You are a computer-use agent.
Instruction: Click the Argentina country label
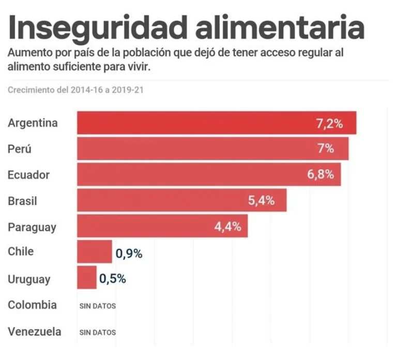pyautogui.click(x=33, y=123)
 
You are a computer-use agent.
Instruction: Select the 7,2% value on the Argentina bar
pyautogui.click(x=329, y=123)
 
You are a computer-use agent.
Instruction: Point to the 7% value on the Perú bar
pyautogui.click(x=326, y=149)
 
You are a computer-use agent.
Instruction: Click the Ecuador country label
pyautogui.click(x=28, y=175)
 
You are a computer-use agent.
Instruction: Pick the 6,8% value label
pyautogui.click(x=320, y=175)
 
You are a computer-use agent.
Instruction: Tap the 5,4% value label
pyautogui.click(x=261, y=201)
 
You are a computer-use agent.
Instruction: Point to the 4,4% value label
pyautogui.click(x=227, y=227)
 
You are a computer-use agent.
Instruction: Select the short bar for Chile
pyautogui.click(x=94, y=252)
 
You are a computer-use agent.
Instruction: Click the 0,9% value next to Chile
pyautogui.click(x=129, y=253)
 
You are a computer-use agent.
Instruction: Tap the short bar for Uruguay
pyautogui.click(x=86, y=277)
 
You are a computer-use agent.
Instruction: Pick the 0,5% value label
pyautogui.click(x=113, y=279)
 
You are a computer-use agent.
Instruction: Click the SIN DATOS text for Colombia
pyautogui.click(x=98, y=306)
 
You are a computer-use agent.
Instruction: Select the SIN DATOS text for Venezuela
pyautogui.click(x=98, y=332)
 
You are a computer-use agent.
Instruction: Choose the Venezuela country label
pyautogui.click(x=34, y=332)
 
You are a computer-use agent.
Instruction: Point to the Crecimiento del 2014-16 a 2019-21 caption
pyautogui.click(x=75, y=90)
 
